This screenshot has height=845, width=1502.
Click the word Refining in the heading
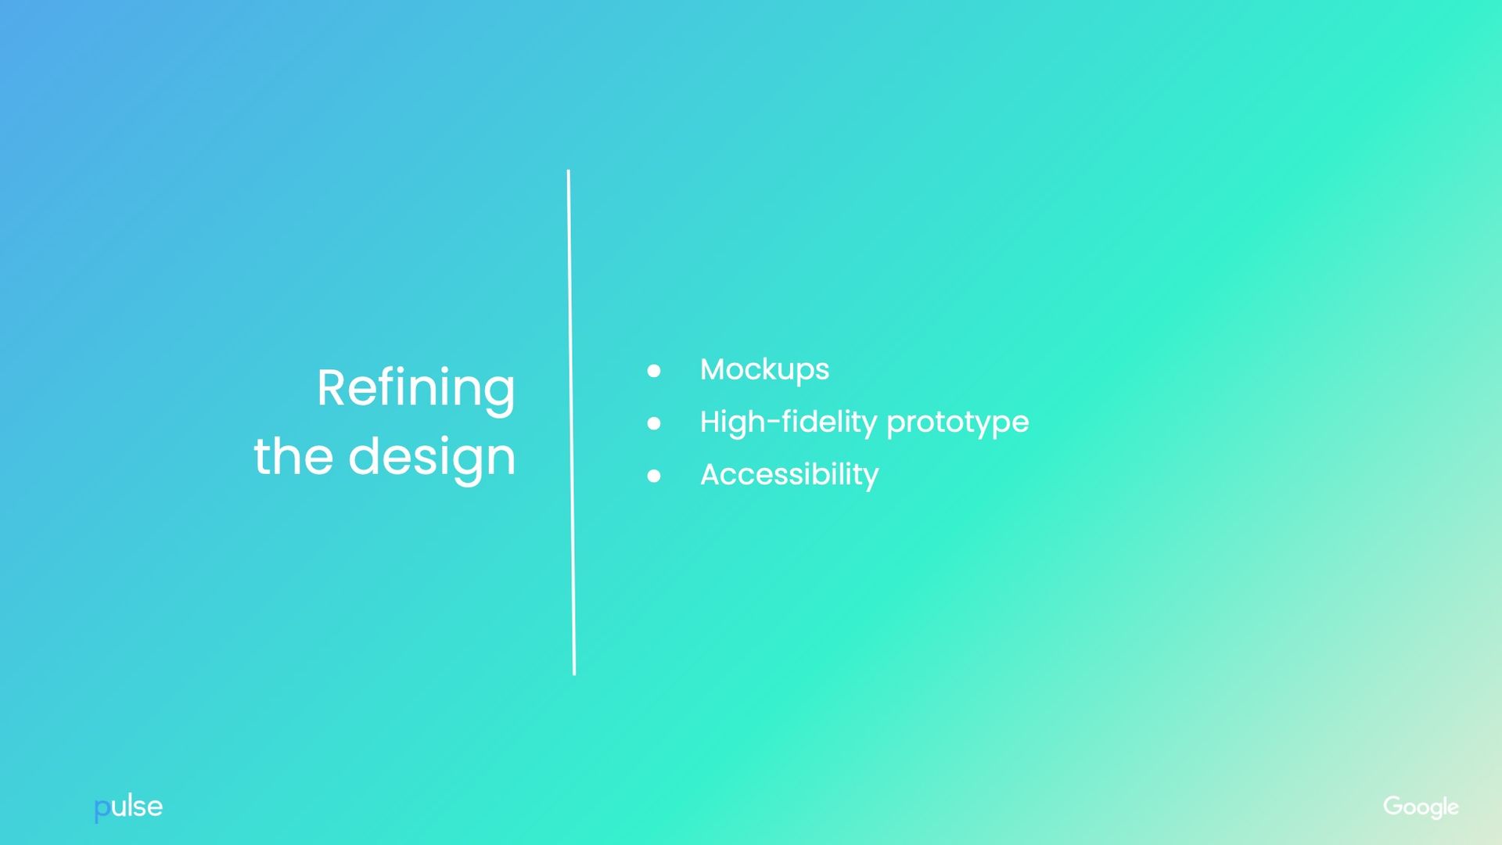tap(415, 388)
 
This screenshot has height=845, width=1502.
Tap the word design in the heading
tap(432, 457)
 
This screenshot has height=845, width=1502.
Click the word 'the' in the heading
tap(293, 457)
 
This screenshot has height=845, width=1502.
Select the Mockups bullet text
tap(764, 369)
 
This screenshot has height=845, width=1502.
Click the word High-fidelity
tap(789, 422)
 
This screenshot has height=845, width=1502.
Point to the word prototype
tap(958, 423)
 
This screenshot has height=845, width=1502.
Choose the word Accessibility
tap(789, 475)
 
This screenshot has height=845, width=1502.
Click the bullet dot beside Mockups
tap(654, 371)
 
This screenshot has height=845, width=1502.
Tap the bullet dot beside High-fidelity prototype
tap(654, 423)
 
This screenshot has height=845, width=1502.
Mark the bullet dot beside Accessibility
tap(654, 476)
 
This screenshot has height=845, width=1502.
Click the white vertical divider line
tap(571, 422)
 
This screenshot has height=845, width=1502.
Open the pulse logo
tap(128, 807)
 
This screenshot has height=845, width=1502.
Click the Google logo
tap(1421, 807)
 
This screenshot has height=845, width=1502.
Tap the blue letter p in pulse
tap(102, 808)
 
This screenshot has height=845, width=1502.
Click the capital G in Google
tap(1393, 805)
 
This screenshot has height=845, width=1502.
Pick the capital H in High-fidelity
tap(711, 422)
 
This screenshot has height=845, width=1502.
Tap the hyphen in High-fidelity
tap(774, 423)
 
